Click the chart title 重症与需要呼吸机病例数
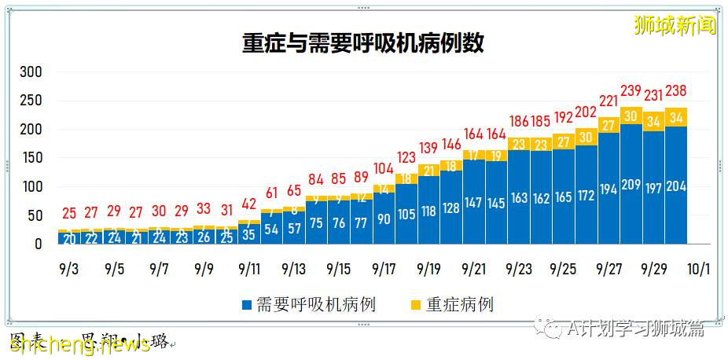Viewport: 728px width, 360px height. coord(363,43)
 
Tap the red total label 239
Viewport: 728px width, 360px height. coord(631,91)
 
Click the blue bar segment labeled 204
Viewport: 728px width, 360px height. coord(676,186)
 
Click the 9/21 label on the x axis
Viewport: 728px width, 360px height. coord(473,269)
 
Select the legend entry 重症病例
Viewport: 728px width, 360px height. coord(452,305)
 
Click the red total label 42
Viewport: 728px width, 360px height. coord(249,204)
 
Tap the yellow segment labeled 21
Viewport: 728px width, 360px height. coord(429,171)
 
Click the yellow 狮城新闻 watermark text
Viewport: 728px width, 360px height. coord(675,25)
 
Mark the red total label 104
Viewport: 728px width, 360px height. coord(384,169)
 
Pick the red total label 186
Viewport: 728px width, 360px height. coord(519,122)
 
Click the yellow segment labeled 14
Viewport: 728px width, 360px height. coord(384,189)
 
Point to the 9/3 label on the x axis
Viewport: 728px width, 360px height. coord(68,269)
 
